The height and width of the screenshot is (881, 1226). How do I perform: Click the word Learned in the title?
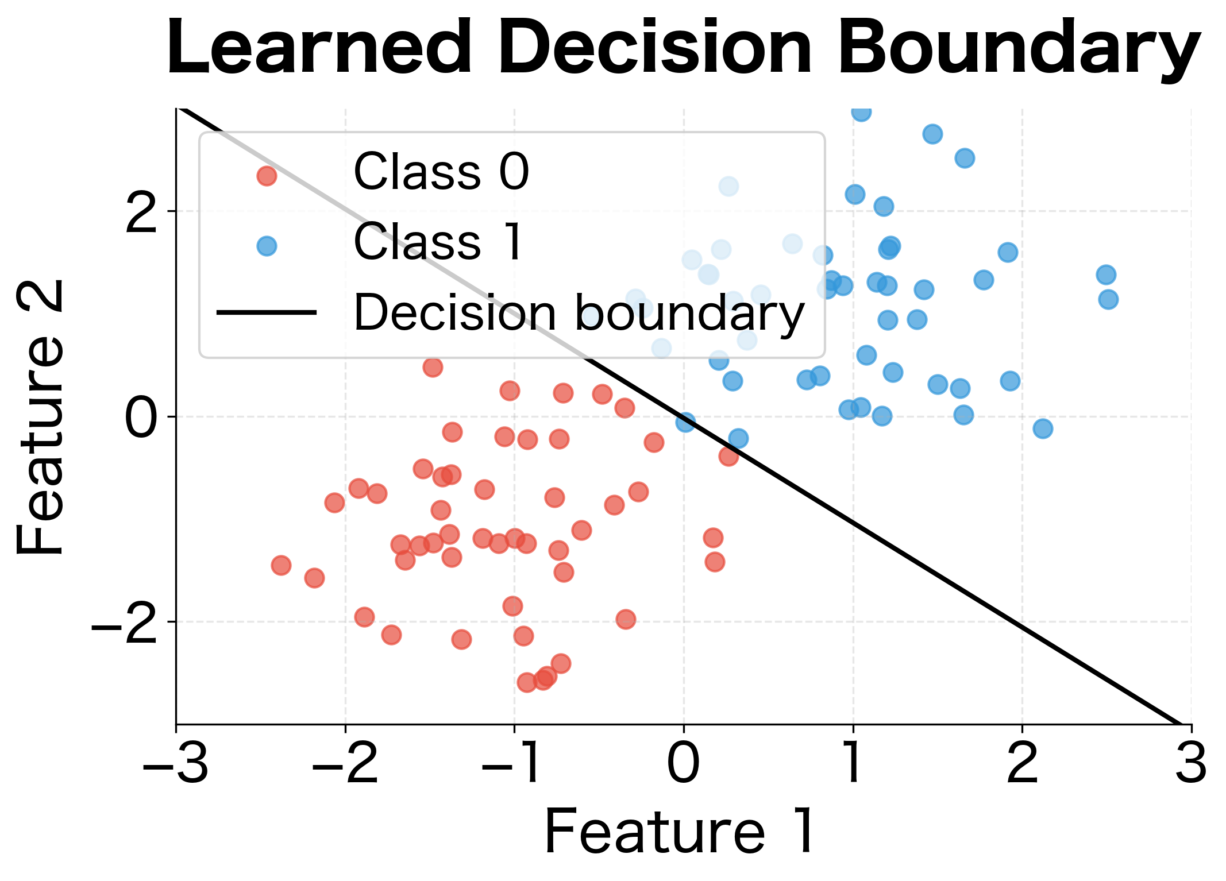[319, 48]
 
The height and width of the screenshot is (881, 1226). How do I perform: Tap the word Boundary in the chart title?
[1020, 48]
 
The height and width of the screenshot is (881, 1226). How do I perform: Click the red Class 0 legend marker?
[267, 175]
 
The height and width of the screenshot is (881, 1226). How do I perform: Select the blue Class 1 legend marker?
[267, 246]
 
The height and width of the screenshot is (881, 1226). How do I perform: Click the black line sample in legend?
[267, 312]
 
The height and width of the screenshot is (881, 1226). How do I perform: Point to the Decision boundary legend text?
[579, 312]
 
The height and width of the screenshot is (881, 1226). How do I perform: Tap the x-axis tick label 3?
[1190, 764]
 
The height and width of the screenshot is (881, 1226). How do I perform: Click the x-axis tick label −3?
[175, 764]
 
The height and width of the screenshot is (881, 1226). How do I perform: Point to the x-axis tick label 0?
[683, 764]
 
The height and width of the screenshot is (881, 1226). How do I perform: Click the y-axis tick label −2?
[124, 622]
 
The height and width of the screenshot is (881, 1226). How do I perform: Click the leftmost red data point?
[281, 565]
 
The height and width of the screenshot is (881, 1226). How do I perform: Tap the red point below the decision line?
[728, 457]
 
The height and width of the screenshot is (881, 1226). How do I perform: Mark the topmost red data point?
[433, 367]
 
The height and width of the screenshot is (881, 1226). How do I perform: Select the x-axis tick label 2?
[1022, 764]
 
